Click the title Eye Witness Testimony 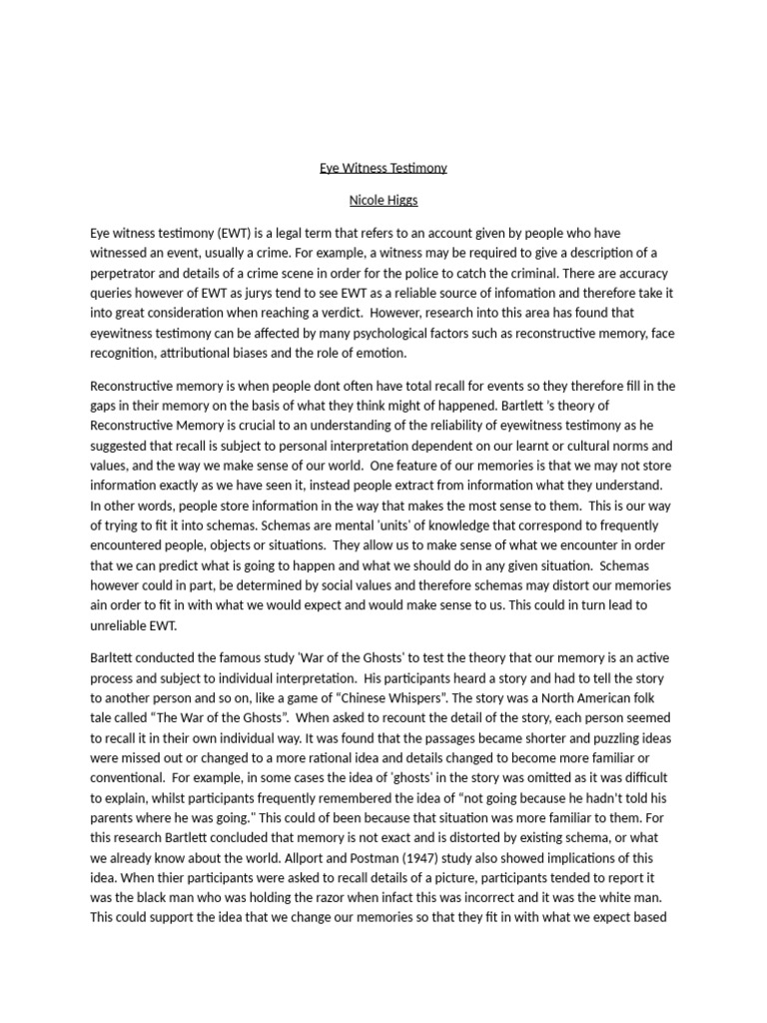[383, 168]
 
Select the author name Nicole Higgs [383, 200]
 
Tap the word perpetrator [125, 272]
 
